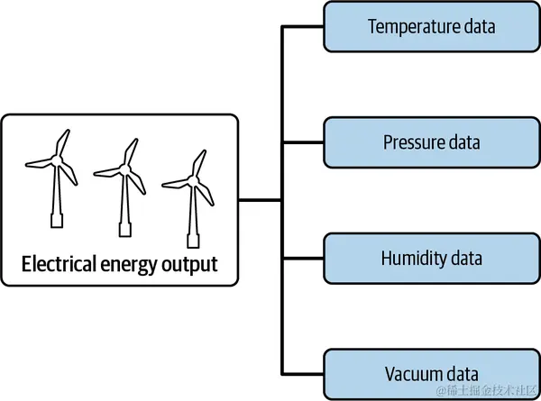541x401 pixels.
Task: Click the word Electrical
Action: point(59,264)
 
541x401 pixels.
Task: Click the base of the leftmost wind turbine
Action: point(57,221)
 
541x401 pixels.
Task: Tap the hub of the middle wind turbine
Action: point(125,169)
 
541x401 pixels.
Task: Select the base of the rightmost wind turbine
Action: point(193,241)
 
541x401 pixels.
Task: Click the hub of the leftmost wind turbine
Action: point(57,160)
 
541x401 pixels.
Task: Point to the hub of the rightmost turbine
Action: point(193,180)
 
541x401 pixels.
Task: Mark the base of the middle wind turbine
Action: point(125,230)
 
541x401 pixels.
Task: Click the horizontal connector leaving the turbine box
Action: point(261,200)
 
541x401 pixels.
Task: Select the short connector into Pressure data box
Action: point(303,142)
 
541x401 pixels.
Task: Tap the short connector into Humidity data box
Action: point(303,258)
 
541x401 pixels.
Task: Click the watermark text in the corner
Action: point(488,390)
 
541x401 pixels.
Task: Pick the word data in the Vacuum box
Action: point(463,374)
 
